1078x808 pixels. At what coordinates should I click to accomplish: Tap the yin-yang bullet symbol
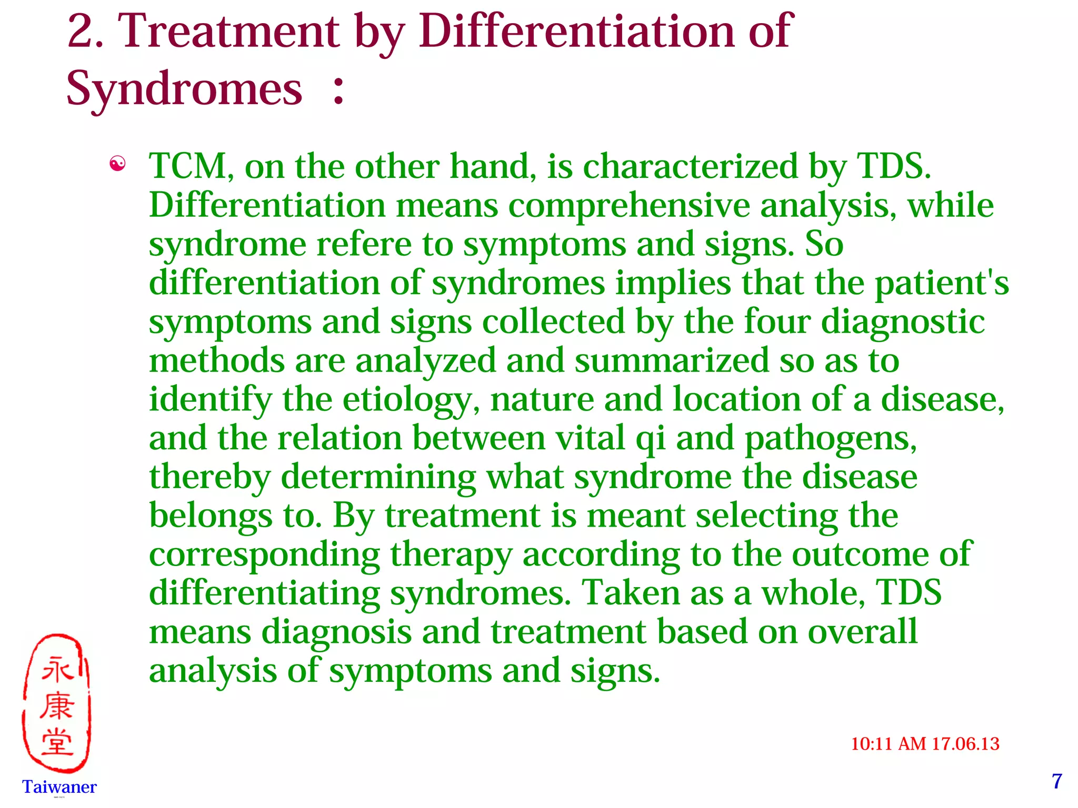[117, 164]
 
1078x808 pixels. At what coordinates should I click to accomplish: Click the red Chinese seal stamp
[57, 704]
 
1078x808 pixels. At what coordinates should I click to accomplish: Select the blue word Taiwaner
[59, 786]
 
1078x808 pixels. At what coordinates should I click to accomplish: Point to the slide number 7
[1057, 781]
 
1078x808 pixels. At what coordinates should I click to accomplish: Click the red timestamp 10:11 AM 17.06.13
[925, 744]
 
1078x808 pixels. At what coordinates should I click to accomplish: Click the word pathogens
[831, 439]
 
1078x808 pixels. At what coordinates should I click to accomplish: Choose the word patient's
[942, 283]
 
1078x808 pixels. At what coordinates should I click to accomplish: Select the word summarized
[672, 361]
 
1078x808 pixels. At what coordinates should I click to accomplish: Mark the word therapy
[451, 555]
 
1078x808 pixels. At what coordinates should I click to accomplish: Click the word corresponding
[264, 555]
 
